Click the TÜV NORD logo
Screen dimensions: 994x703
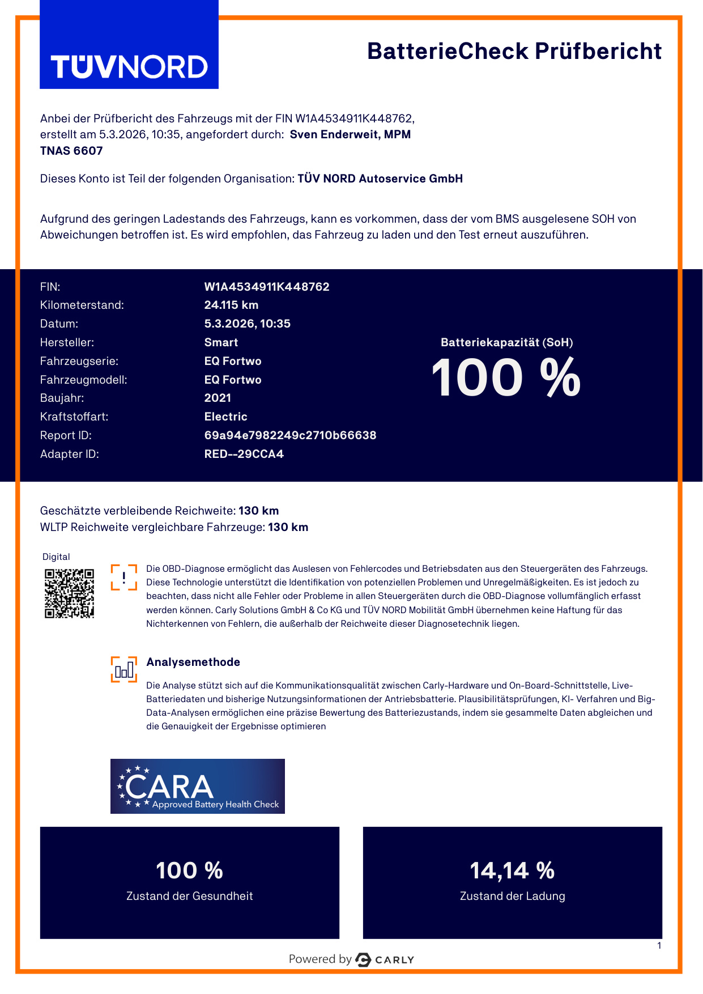point(129,66)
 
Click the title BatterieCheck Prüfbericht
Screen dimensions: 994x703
point(514,51)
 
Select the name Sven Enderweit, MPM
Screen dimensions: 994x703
point(350,135)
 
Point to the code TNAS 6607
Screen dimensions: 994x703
point(71,151)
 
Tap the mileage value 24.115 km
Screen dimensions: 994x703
point(231,305)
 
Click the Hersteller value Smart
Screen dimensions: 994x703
point(221,342)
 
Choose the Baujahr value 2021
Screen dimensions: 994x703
point(218,398)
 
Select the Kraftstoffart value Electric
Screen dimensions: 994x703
point(225,417)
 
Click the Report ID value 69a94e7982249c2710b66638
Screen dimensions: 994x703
point(290,435)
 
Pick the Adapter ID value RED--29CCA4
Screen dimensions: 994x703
point(244,454)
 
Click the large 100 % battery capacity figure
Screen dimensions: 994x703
point(506,378)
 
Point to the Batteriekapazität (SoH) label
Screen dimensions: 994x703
point(506,342)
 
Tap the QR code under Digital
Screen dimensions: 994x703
point(69,593)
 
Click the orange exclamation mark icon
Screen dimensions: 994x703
point(124,577)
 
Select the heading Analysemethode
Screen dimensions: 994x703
point(193,662)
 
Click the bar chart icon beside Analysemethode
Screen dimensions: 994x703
point(124,670)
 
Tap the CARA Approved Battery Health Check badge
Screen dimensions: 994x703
point(197,787)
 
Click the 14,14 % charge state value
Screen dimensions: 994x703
point(512,870)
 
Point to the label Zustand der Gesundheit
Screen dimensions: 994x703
point(189,896)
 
